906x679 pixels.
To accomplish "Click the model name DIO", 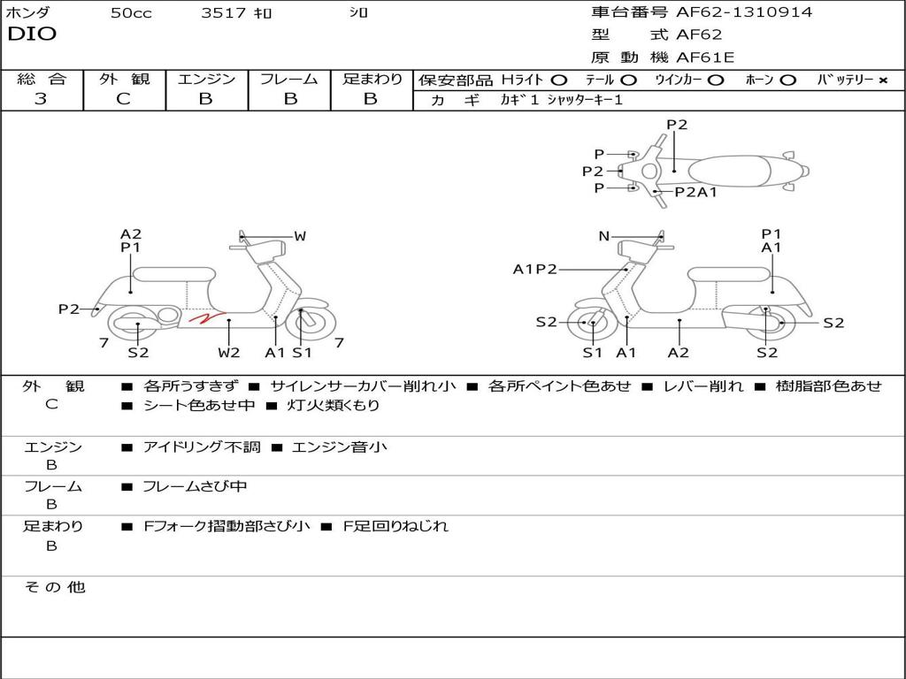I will coord(32,34).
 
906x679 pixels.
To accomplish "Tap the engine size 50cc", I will coord(131,13).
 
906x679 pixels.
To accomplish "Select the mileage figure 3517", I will coord(225,13).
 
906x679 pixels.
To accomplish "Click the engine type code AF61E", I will coord(705,58).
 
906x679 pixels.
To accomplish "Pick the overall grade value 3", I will coord(41,99).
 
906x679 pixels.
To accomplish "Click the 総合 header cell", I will coord(41,80).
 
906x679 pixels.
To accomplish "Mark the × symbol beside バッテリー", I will coord(883,80).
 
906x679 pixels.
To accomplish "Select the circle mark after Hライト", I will coord(558,80).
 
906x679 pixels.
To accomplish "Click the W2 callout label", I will coord(229,353).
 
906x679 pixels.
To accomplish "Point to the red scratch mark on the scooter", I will coord(203,319).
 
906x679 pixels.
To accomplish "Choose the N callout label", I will coord(604,236).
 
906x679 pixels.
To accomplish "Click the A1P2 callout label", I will coord(535,270).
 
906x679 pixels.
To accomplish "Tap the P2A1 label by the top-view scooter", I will coord(696,192).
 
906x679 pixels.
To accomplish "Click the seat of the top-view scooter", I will coord(726,171).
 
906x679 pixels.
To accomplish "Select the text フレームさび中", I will coord(195,486).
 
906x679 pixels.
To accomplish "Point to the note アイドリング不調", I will coord(202,447).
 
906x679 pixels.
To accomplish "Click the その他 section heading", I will coord(54,587).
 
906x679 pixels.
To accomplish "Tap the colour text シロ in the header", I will coord(359,13).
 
